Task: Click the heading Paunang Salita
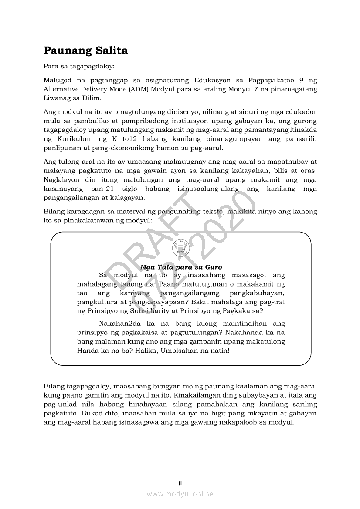point(85,51)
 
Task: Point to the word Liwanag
point(56,98)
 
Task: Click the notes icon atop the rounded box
point(180,248)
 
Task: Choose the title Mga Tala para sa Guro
point(181,267)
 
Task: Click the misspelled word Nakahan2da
point(121,324)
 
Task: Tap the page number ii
point(180,483)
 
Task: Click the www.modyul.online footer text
point(180,494)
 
